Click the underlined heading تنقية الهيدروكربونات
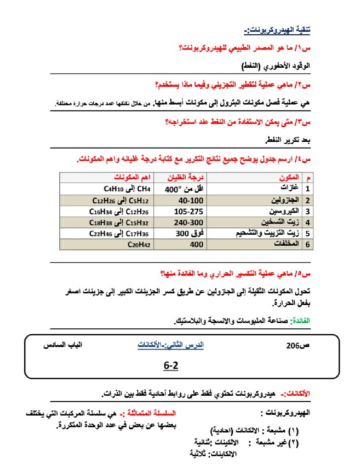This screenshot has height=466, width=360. [277, 30]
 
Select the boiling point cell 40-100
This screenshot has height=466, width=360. [191, 201]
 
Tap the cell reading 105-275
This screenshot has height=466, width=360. [188, 211]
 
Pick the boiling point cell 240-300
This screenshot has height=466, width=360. [188, 222]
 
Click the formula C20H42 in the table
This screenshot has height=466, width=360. [139, 244]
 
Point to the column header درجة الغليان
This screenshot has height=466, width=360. [185, 177]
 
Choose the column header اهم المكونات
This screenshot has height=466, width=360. [132, 177]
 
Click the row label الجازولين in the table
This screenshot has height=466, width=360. [285, 201]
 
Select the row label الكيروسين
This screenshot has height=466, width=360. [284, 211]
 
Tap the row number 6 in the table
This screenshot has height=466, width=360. [307, 244]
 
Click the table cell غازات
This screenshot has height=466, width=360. [289, 188]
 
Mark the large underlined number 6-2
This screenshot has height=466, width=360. [171, 365]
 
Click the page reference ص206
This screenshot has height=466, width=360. [298, 346]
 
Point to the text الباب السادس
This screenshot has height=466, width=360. [62, 345]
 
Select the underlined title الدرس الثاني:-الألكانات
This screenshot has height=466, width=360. [170, 345]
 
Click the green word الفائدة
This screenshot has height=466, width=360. [300, 321]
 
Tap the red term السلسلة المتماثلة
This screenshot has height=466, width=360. [151, 413]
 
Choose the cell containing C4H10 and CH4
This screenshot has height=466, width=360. [127, 189]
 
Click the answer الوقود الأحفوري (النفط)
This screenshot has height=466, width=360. [276, 66]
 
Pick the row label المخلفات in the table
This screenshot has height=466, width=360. [286, 244]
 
